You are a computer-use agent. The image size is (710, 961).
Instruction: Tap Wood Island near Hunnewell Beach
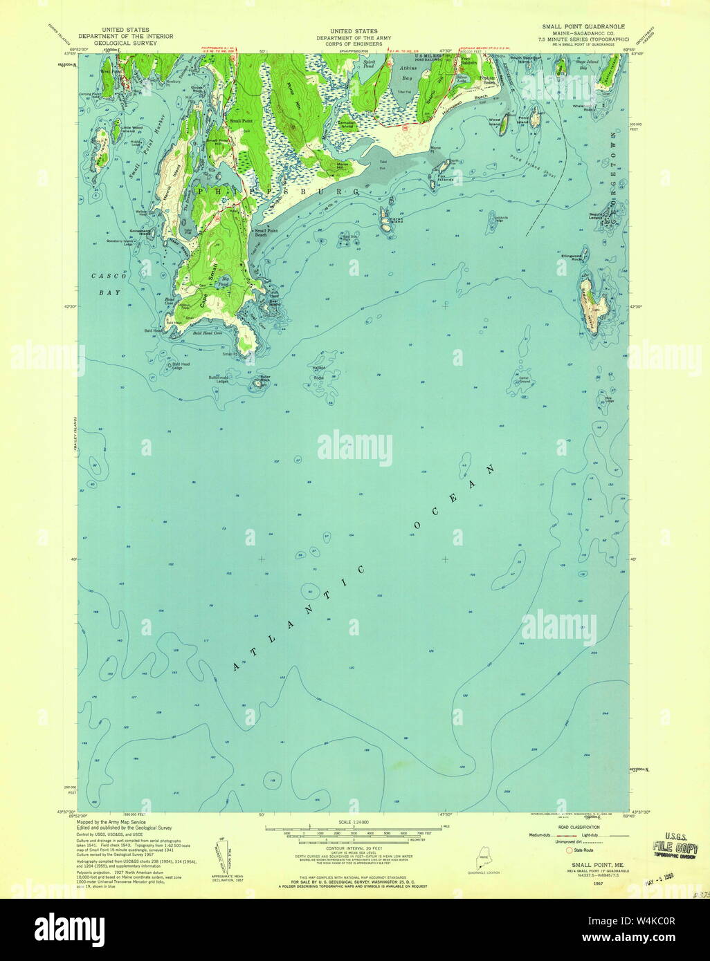click(x=504, y=122)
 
